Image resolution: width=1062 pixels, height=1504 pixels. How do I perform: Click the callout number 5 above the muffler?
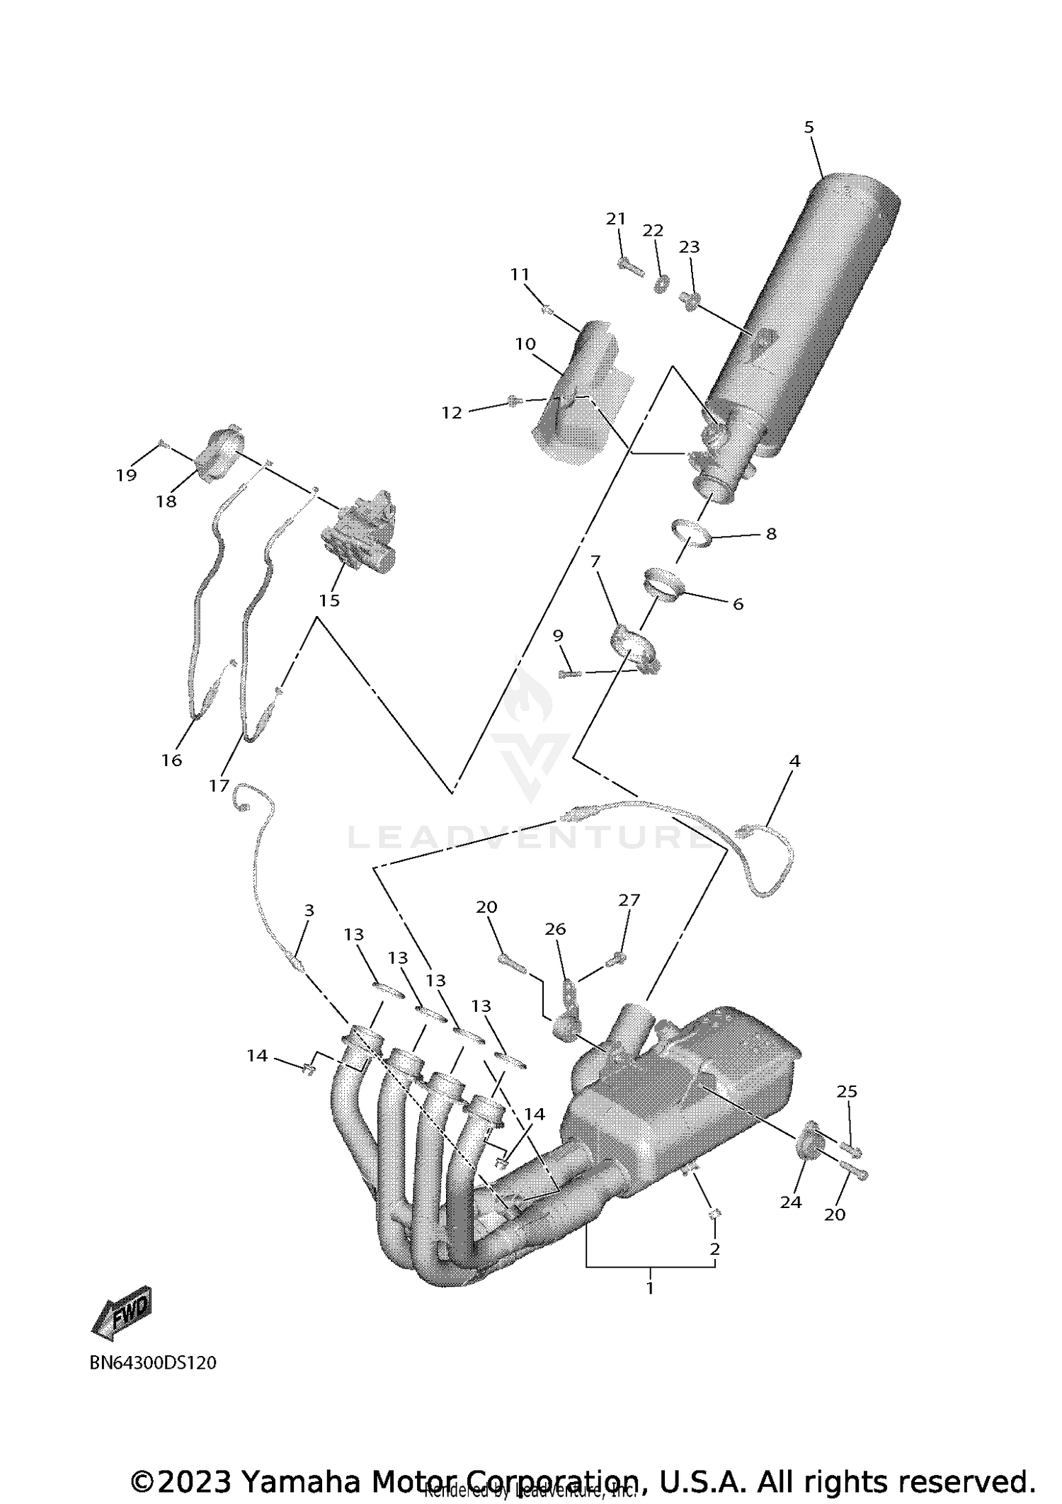coord(809,127)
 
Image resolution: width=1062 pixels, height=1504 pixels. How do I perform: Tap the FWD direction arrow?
coord(122,1318)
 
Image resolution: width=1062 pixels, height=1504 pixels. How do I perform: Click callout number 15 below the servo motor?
coord(329,600)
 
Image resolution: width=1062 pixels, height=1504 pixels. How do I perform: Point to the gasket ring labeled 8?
coord(692,533)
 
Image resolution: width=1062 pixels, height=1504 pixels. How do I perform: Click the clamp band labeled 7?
coord(634,646)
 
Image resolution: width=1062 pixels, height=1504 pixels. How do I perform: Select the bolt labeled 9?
coord(568,674)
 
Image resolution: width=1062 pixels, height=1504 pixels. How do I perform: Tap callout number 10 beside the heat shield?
coord(525,344)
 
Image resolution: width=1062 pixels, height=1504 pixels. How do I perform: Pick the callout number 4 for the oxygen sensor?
coord(794,761)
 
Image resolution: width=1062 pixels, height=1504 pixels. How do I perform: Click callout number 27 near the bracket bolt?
coord(629,900)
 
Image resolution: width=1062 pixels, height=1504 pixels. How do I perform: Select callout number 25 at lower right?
coord(847,1092)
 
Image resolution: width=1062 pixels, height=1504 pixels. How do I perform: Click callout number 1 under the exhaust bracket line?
coord(649,1288)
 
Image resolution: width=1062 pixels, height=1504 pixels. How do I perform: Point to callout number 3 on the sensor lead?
coord(309,911)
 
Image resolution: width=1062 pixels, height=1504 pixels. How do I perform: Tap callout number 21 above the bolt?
coord(616,219)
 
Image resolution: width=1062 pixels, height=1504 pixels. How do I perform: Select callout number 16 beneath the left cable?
coord(172,760)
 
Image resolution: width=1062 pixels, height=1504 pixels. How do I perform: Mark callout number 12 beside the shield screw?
coord(452,413)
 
